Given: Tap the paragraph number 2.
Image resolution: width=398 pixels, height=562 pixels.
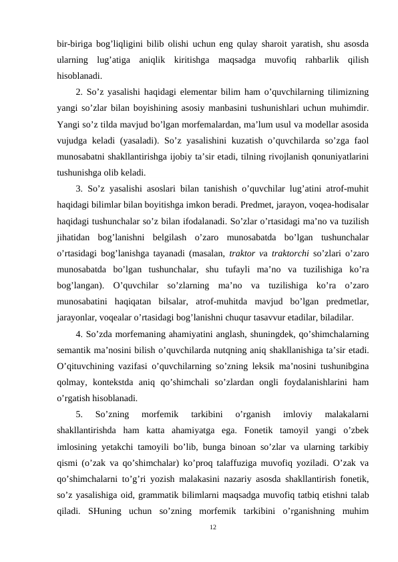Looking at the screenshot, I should click(x=79, y=91).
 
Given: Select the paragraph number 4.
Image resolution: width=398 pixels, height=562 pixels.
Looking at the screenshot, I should click(x=79, y=334).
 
